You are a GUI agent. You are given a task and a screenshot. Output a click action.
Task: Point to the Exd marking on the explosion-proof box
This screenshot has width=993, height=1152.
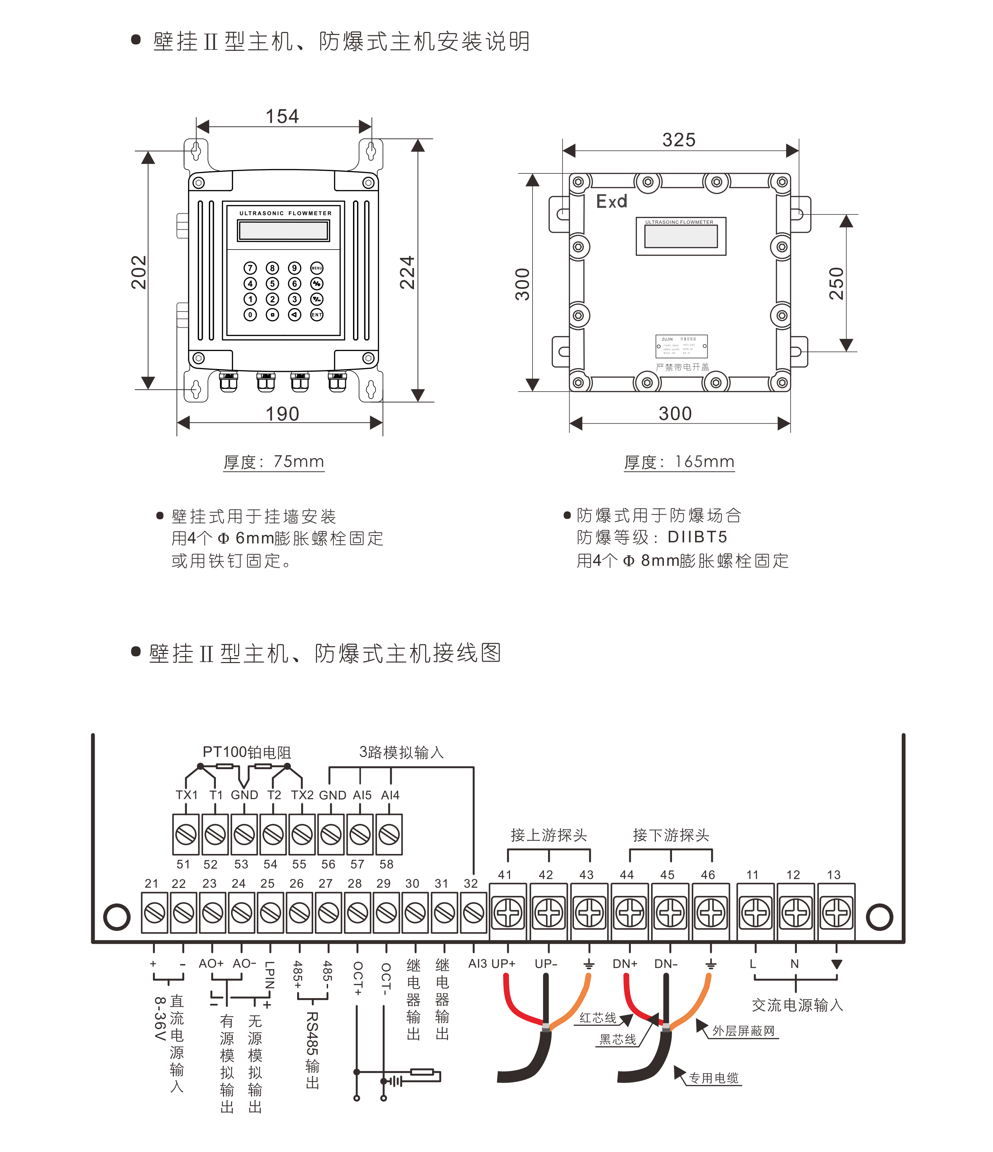click(x=612, y=201)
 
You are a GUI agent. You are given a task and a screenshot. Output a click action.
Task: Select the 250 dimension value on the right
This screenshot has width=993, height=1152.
click(x=836, y=284)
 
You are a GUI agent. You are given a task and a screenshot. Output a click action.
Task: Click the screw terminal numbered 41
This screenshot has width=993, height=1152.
click(x=508, y=913)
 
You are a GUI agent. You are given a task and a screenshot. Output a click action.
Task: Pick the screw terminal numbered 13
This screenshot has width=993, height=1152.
click(x=837, y=913)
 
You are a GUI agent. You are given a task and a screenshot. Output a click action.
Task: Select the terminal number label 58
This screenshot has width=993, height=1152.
click(x=386, y=864)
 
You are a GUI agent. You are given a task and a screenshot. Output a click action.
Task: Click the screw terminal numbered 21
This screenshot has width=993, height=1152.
click(x=155, y=913)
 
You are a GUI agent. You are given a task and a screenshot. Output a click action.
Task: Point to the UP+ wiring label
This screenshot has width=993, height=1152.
click(x=504, y=963)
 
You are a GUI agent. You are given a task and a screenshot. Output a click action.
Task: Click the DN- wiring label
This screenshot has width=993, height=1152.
click(x=666, y=963)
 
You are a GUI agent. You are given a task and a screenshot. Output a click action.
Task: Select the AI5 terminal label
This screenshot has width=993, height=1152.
click(x=362, y=795)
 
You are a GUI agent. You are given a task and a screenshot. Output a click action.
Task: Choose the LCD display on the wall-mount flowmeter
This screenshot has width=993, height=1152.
click(x=284, y=230)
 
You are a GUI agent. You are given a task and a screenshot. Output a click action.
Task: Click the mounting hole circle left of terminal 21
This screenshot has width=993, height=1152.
click(x=117, y=917)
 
